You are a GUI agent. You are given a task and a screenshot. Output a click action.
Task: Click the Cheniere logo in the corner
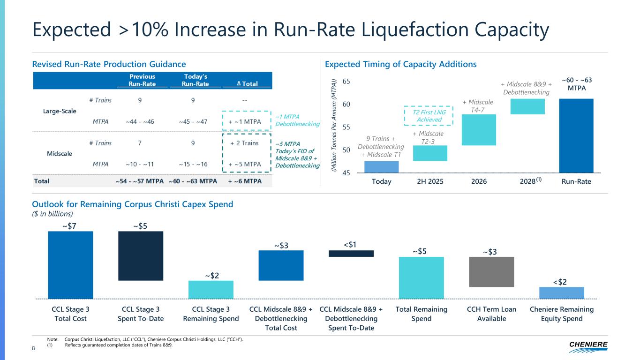(x=588, y=346)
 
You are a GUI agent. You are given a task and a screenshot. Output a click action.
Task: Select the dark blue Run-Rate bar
(x=576, y=135)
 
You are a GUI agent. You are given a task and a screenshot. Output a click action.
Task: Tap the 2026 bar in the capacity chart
(x=479, y=130)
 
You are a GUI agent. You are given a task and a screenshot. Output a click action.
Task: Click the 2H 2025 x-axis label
(x=430, y=181)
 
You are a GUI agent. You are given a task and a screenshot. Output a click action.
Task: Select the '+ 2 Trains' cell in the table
(x=244, y=143)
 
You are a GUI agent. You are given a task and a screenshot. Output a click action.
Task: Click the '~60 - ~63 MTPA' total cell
(x=192, y=181)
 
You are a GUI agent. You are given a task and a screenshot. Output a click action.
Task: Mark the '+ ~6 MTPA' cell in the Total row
(x=245, y=181)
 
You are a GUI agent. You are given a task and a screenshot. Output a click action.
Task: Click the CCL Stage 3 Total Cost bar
(x=70, y=265)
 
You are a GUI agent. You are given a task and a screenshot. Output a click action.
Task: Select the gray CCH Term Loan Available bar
(x=491, y=272)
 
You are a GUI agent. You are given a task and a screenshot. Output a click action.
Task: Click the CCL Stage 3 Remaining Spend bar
(x=211, y=289)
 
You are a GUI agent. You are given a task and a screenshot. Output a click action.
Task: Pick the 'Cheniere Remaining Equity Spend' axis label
(x=561, y=314)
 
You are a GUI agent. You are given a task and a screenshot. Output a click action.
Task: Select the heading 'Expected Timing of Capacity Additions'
(x=400, y=64)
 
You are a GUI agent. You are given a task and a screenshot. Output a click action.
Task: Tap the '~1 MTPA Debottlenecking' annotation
(x=297, y=120)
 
